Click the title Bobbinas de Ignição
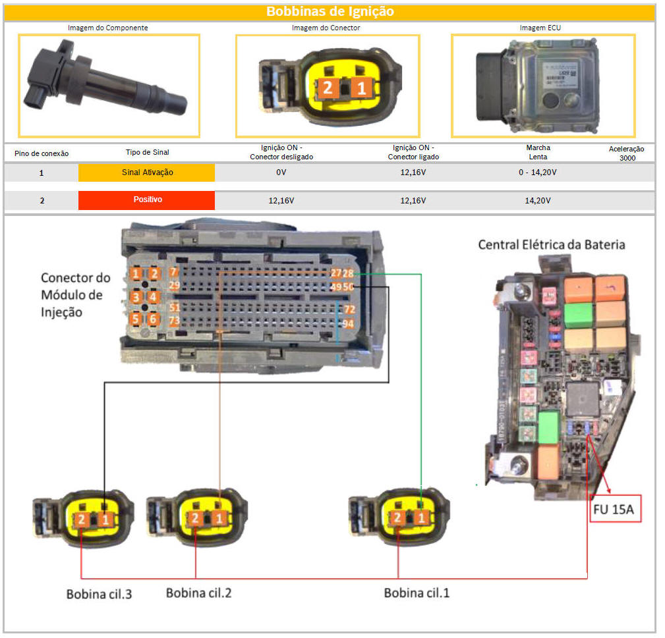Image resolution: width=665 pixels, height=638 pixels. [330, 11]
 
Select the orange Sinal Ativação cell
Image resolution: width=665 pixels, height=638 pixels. [146, 173]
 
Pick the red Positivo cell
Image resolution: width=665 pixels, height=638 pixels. [146, 200]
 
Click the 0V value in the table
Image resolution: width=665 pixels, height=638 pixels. [281, 173]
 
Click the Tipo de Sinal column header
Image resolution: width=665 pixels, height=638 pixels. [147, 153]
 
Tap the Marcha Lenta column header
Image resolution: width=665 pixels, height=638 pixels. [538, 152]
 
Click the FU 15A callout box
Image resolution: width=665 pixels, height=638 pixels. [615, 508]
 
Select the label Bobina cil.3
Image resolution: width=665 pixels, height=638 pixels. [99, 594]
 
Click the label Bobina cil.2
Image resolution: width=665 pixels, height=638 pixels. [198, 593]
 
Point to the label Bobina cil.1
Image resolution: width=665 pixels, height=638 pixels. [417, 593]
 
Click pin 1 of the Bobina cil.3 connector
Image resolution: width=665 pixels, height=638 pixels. [105, 519]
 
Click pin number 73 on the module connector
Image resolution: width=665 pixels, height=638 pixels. [174, 321]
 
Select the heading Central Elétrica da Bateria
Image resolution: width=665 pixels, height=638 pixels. [551, 245]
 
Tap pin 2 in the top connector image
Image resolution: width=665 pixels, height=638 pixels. [328, 88]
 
